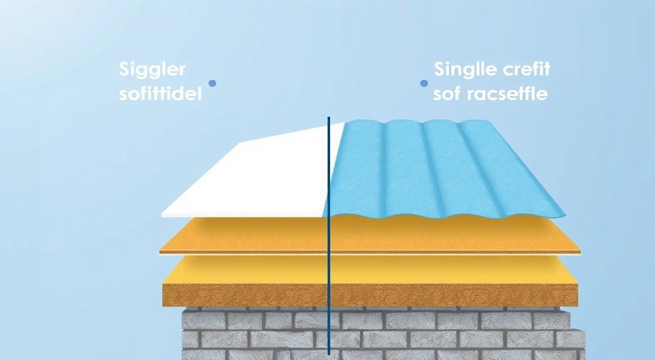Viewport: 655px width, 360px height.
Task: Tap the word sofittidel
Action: pyautogui.click(x=160, y=94)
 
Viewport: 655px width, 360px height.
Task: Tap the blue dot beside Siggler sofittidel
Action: pyautogui.click(x=212, y=83)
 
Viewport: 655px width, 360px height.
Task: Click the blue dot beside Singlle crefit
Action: pyautogui.click(x=424, y=83)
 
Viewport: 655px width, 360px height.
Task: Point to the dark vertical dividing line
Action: pyautogui.click(x=329, y=236)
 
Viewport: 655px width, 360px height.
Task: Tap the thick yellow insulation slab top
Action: pyautogui.click(x=370, y=271)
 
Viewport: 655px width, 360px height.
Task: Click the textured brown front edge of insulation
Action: pyautogui.click(x=370, y=295)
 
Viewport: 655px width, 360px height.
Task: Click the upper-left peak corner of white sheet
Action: pyautogui.click(x=241, y=143)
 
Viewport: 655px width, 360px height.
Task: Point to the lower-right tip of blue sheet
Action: pyautogui.click(x=565, y=216)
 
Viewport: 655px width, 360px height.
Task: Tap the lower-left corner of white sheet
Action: pyautogui.click(x=162, y=216)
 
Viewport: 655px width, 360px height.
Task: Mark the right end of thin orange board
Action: pyautogui.click(x=580, y=252)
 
